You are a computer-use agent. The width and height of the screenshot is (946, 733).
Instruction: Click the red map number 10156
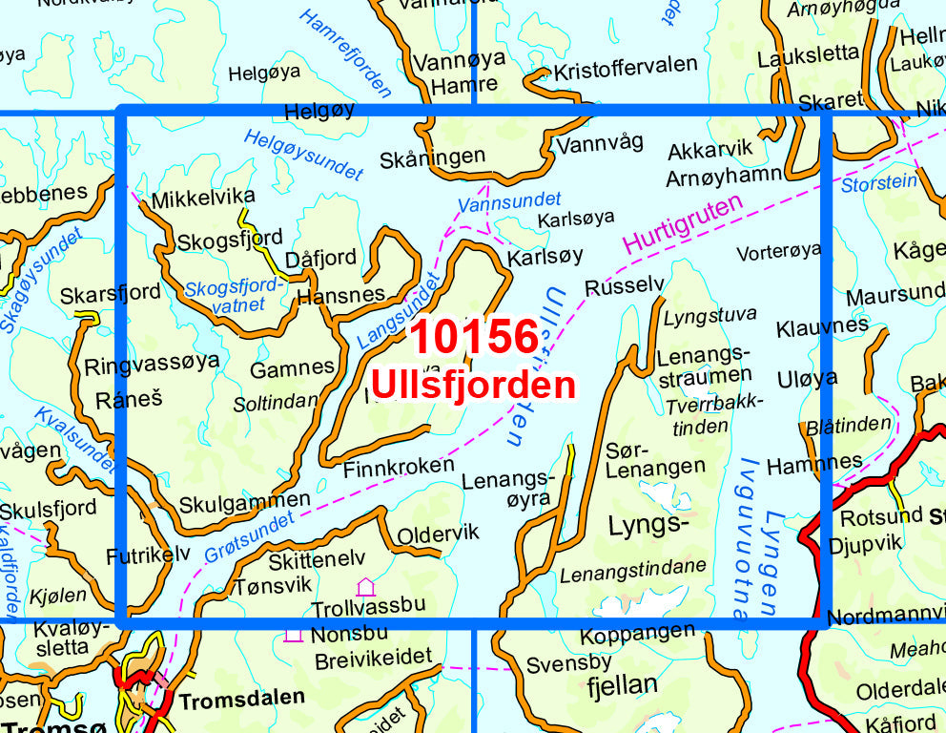tap(474, 339)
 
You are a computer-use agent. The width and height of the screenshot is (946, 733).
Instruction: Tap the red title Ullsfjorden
tap(473, 385)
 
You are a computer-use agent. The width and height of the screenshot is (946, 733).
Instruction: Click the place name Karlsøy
tap(545, 258)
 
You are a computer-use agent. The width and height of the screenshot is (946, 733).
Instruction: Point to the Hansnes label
tap(341, 296)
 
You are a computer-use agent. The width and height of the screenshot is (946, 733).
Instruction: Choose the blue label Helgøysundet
tap(303, 155)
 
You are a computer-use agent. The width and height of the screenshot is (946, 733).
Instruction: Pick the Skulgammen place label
tap(244, 501)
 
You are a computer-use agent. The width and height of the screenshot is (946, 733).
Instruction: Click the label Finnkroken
tap(399, 467)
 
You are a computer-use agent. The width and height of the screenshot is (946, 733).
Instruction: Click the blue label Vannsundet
tap(496, 202)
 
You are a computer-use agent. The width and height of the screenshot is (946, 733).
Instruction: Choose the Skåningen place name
tap(432, 157)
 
